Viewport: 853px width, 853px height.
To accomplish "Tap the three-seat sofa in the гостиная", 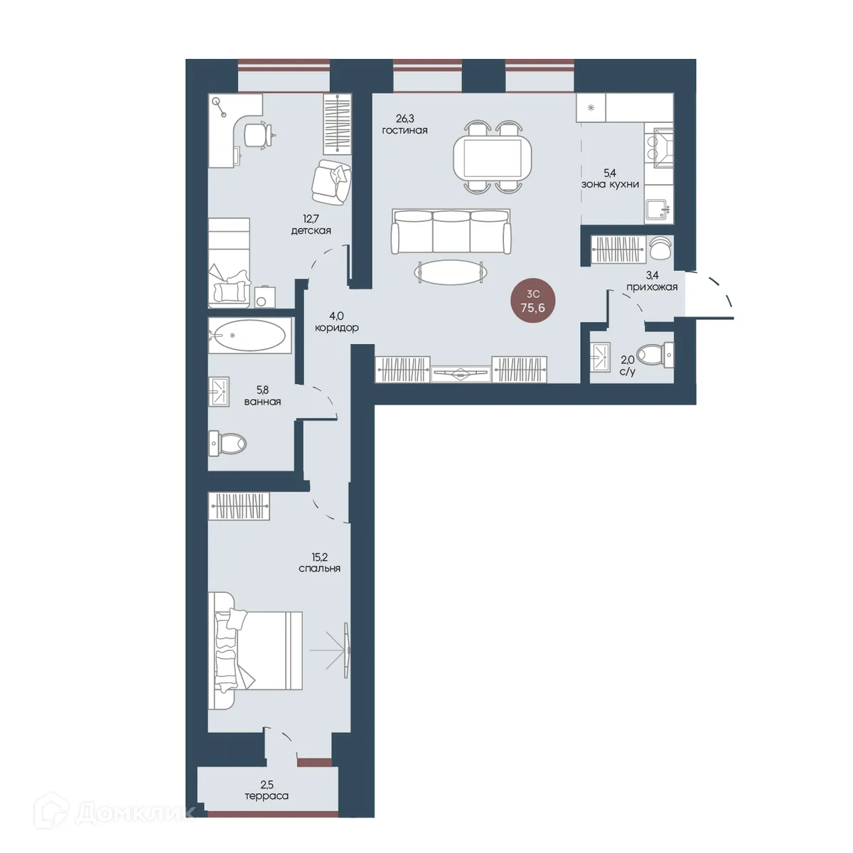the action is [451, 232].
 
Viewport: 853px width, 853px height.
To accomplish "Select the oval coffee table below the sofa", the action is [451, 272].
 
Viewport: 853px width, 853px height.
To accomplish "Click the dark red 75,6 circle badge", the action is [533, 301].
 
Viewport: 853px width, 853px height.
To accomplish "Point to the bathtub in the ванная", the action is [250, 335].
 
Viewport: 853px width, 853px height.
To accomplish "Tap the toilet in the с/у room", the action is [655, 355].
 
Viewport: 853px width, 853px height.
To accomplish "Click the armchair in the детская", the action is [331, 182].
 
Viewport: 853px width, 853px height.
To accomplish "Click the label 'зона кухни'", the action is [610, 185].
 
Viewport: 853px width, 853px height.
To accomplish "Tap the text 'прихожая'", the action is [652, 287].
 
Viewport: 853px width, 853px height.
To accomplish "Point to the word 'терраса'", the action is [267, 796].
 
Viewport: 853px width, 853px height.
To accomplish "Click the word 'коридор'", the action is [336, 328].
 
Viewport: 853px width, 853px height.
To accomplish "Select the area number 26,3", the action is [404, 119].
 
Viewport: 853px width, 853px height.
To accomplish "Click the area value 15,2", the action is [319, 557].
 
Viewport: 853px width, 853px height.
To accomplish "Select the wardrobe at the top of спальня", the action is [239, 505].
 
